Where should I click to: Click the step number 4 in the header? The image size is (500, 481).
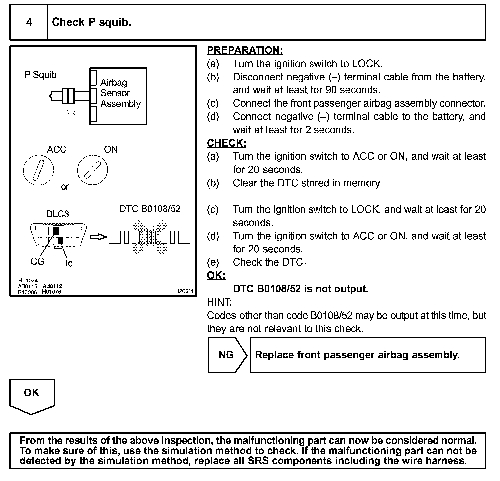(x=29, y=22)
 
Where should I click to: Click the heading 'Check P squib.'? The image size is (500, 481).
(x=91, y=22)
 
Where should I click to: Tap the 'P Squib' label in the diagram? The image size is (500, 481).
(x=40, y=74)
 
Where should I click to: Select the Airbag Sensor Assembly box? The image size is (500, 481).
(x=118, y=96)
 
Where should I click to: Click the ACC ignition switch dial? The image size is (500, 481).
(x=39, y=170)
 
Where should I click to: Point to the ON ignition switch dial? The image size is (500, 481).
(x=92, y=170)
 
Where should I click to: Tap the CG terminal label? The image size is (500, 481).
(x=37, y=262)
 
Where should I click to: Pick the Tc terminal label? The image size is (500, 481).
(x=68, y=263)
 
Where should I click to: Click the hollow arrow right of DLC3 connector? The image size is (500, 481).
(x=98, y=237)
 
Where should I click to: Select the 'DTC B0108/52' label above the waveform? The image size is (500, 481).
(x=150, y=209)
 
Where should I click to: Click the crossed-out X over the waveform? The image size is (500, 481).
(x=150, y=237)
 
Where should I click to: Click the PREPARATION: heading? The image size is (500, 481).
(x=245, y=50)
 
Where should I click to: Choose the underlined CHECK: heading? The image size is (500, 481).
(x=227, y=143)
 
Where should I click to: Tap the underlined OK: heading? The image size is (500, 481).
(x=216, y=275)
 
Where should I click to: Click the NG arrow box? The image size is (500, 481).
(x=227, y=355)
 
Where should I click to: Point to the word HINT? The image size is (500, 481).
(x=219, y=302)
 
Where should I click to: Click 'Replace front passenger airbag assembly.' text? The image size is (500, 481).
(x=357, y=355)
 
